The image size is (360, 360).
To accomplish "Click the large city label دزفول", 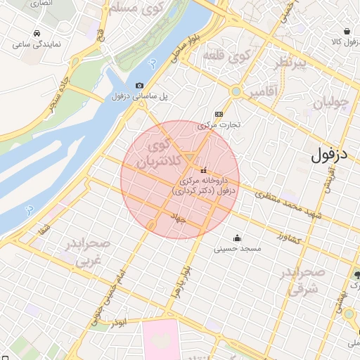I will [329, 154].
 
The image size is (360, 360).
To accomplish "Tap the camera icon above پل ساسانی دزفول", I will [139, 85].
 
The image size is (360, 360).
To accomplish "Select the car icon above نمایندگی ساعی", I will [36, 33].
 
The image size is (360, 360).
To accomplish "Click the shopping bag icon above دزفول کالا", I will [347, 31].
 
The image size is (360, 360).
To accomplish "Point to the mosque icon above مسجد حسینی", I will [237, 237].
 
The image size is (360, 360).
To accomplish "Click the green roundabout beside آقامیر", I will [236, 91].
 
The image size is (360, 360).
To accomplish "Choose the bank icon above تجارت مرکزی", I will [219, 114].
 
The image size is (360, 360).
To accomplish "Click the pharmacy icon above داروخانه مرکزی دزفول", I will [204, 170].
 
